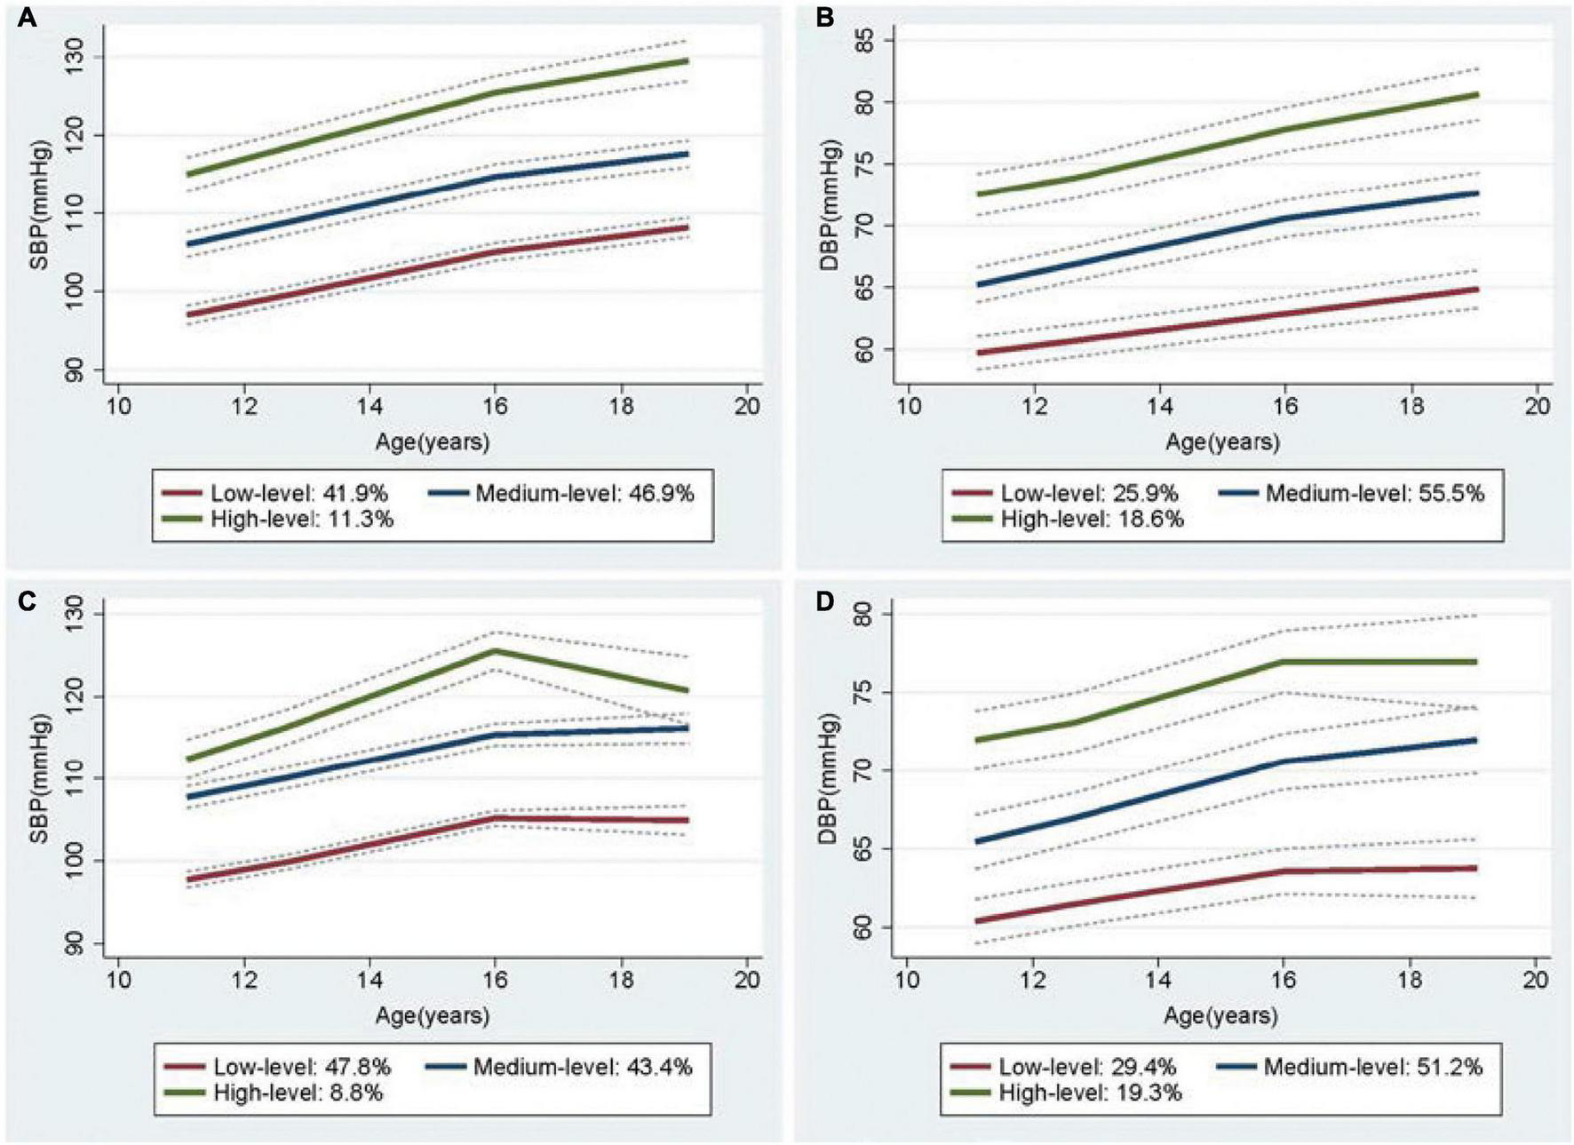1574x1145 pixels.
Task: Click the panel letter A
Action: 28,18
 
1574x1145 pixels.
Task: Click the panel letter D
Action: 824,601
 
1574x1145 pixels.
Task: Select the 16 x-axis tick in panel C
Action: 495,980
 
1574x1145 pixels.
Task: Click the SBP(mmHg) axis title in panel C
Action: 42,778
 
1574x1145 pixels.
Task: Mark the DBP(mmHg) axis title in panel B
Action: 831,204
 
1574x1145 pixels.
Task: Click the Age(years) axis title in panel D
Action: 1220,1015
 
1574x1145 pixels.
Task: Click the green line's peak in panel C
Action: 495,650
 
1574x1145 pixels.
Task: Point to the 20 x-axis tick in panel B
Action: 1537,407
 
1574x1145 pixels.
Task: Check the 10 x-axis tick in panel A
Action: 118,407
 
